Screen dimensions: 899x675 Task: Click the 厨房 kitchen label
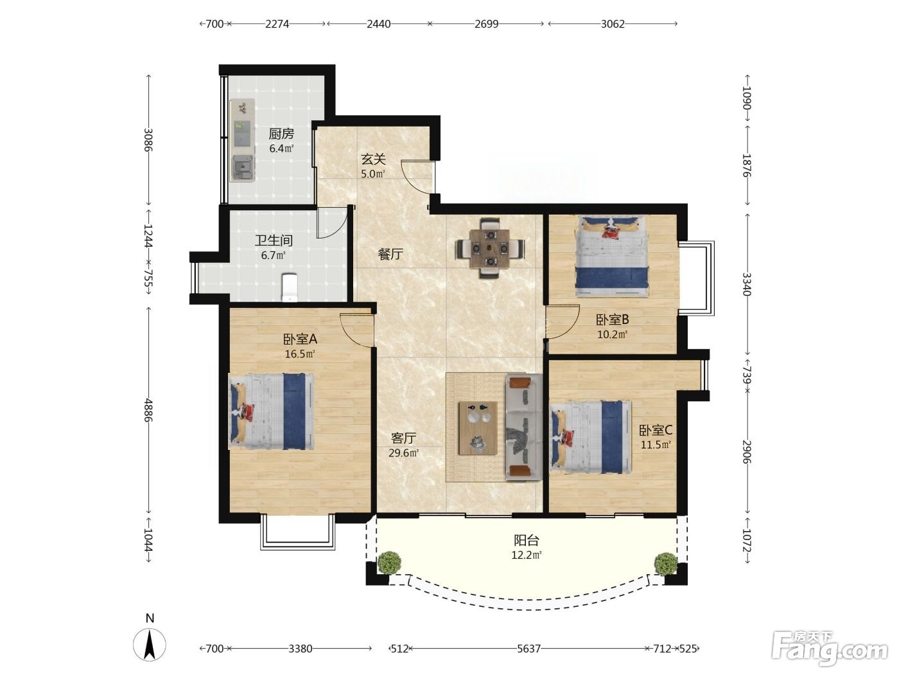(x=281, y=134)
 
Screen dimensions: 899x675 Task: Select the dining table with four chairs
(x=490, y=248)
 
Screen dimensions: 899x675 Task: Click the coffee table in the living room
(x=478, y=428)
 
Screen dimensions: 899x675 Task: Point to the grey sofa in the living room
(x=524, y=427)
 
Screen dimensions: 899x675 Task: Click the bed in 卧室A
(x=271, y=411)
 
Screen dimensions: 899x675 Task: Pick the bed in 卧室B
(x=612, y=256)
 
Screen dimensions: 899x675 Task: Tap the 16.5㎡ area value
(x=300, y=354)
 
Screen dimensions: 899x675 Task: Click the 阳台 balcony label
(x=527, y=541)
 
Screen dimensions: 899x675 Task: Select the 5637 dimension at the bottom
(x=528, y=649)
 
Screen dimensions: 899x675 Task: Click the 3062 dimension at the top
(x=613, y=24)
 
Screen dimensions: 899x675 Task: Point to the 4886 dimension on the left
(x=148, y=410)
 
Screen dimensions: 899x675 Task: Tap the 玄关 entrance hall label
(x=373, y=159)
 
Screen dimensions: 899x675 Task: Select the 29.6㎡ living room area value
(x=404, y=453)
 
